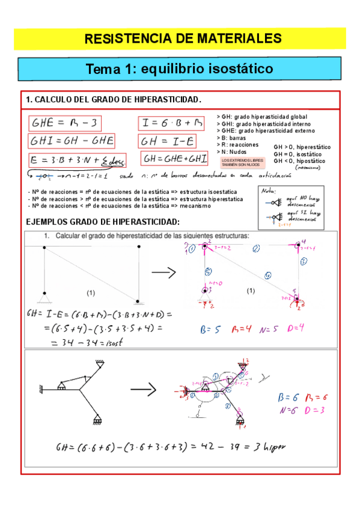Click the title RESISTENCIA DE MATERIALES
coord(183,38)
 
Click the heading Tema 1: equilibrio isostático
coord(180,69)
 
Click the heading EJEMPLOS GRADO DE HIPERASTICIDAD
coord(103,222)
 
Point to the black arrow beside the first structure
coord(163,273)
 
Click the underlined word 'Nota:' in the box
coord(268,191)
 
